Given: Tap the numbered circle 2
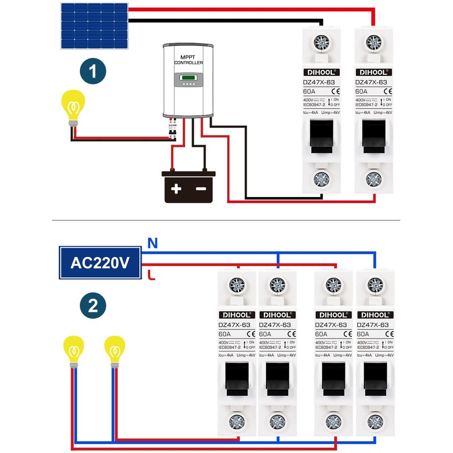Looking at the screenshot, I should point(93,306).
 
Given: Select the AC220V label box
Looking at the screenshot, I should point(100,263).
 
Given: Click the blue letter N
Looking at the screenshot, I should point(151,243).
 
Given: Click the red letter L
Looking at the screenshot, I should point(150,276).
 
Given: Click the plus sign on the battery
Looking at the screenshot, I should point(176,189).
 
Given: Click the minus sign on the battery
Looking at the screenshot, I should point(200,189).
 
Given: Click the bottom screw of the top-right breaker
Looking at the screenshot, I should point(373,180).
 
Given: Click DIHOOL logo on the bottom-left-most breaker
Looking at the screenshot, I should point(234,314).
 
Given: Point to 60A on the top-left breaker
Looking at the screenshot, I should point(309,91).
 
